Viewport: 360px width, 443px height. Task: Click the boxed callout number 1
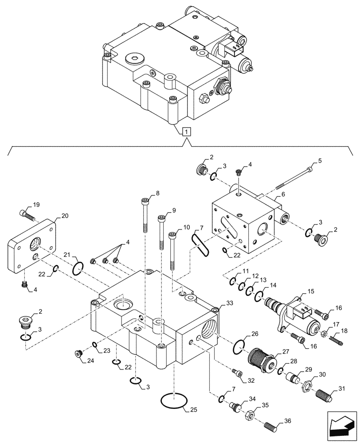click(x=187, y=131)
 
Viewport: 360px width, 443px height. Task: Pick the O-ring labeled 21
click(x=78, y=268)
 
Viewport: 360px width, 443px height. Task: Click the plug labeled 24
click(x=79, y=353)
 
